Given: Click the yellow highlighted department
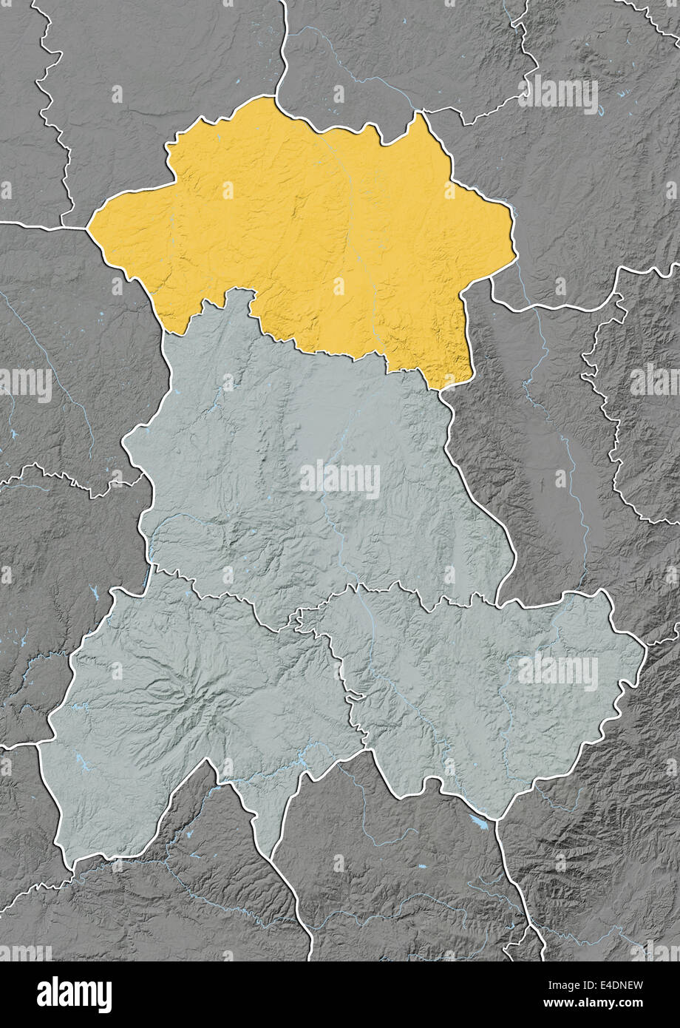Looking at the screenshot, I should coord(310,237).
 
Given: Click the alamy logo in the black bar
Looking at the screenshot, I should coord(75,995).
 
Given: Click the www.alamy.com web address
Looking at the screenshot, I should coord(591,1004).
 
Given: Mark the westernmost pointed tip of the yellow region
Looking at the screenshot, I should coord(89,228).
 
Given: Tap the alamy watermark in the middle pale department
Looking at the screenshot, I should coord(340,479).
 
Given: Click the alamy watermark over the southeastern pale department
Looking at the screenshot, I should coord(558,671).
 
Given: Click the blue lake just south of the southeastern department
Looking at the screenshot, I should coord(479,822).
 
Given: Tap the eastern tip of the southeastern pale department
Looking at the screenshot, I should coord(645,648).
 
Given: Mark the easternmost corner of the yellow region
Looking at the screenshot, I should coord(515,255).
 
